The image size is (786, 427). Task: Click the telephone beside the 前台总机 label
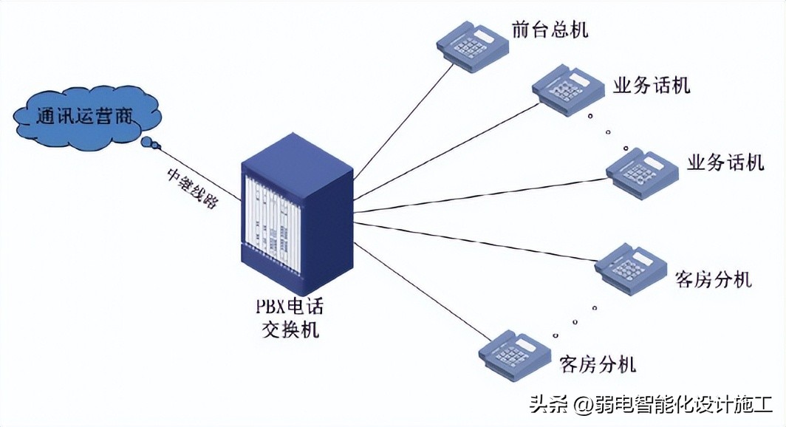[473, 45]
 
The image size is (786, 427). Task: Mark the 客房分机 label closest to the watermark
[598, 364]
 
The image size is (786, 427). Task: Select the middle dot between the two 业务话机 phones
[608, 132]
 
